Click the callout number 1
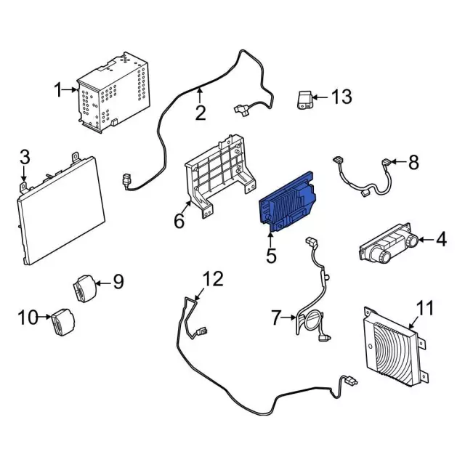pyautogui.click(x=58, y=91)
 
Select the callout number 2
pyautogui.click(x=200, y=113)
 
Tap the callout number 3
pyautogui.click(x=24, y=156)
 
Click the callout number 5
pyautogui.click(x=271, y=255)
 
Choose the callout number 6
pyautogui.click(x=179, y=220)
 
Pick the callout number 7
pyautogui.click(x=275, y=317)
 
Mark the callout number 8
pyautogui.click(x=413, y=162)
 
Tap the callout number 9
pyautogui.click(x=118, y=281)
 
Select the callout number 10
pyautogui.click(x=26, y=317)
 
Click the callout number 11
pyautogui.click(x=424, y=308)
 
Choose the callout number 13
pyautogui.click(x=341, y=97)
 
